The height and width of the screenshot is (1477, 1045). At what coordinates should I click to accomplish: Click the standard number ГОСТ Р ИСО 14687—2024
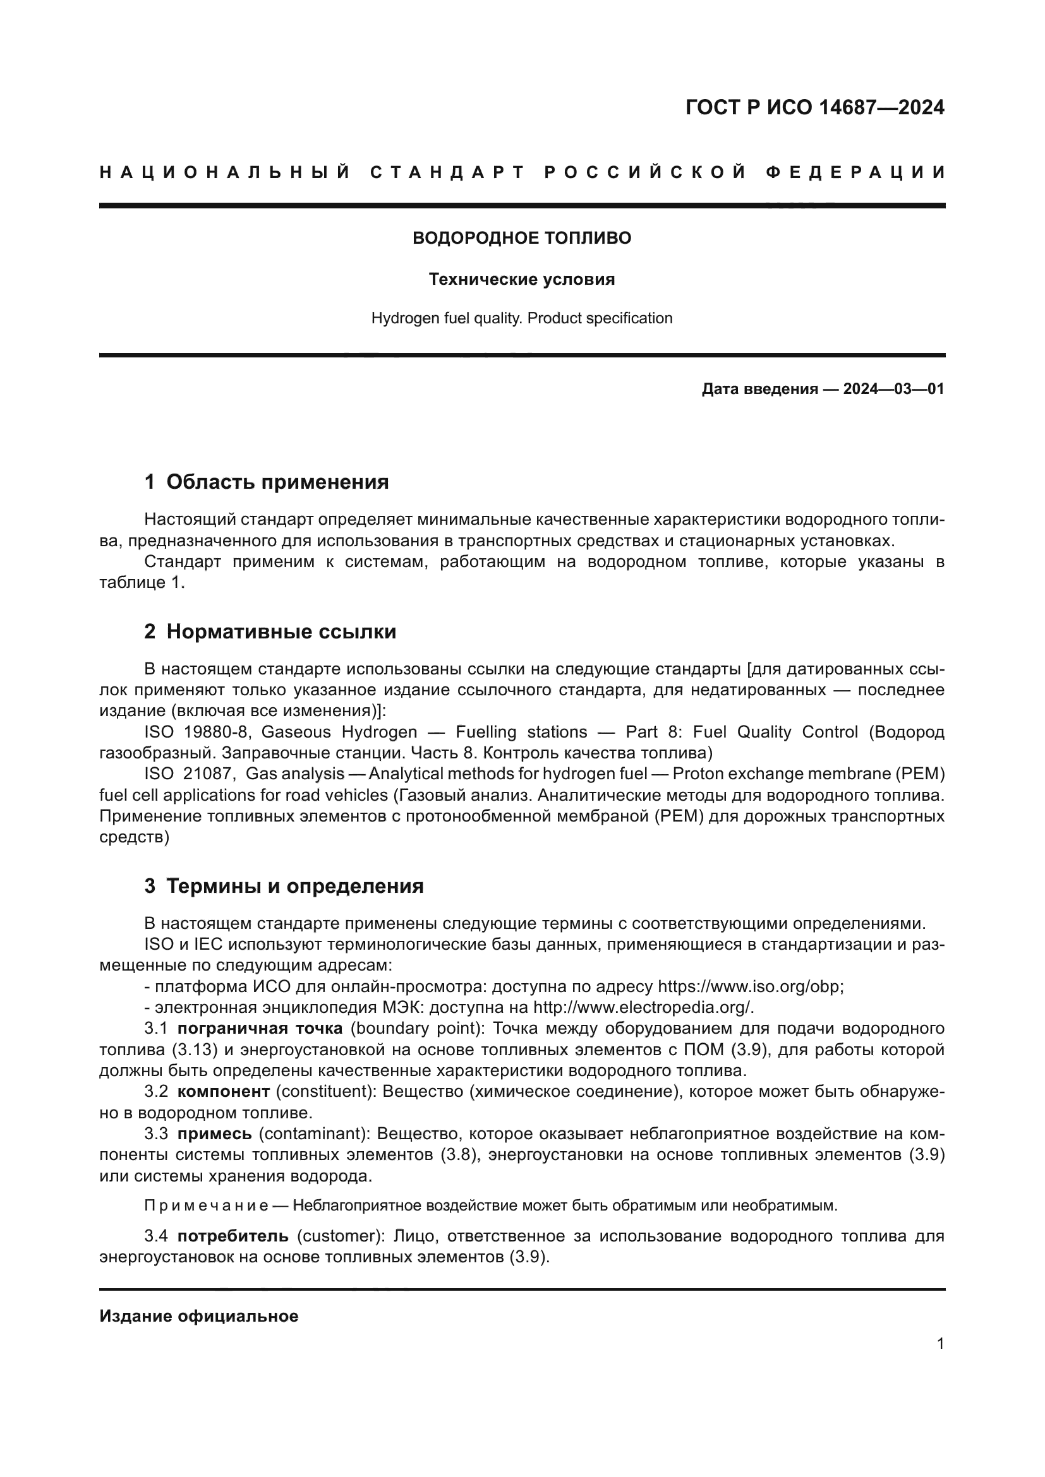pos(814,107)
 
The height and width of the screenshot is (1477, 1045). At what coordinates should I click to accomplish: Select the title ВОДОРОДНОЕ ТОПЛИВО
pos(522,238)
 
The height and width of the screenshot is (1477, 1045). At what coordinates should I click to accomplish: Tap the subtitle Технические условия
pos(522,279)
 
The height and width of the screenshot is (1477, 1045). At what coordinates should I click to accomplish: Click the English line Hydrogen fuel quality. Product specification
pos(522,318)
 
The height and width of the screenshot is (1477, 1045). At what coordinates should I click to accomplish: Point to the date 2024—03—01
pos(893,389)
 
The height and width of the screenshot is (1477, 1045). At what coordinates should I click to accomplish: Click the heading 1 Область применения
pos(267,482)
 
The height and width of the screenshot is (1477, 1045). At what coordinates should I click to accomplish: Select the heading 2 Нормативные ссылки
pos(270,631)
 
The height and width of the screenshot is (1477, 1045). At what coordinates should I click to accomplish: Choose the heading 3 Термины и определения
pos(284,887)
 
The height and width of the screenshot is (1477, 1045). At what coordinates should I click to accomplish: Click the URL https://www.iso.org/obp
pos(749,987)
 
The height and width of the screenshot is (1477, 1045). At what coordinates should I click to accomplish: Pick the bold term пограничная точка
pos(260,1029)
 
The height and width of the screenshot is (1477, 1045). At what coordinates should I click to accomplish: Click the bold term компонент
pos(223,1092)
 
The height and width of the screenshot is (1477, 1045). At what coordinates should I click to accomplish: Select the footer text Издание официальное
pos(199,1315)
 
